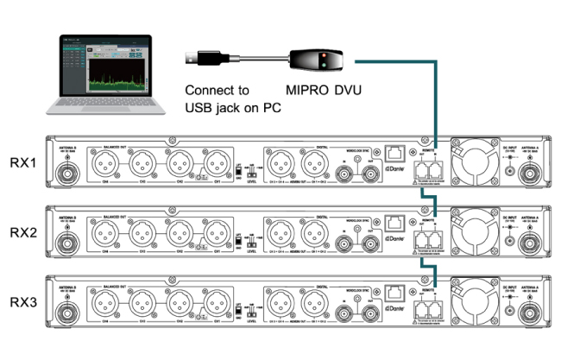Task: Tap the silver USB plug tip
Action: click(x=192, y=58)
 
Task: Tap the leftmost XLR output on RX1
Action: click(x=105, y=161)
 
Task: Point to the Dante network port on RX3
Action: click(x=397, y=292)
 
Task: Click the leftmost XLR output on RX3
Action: click(x=105, y=303)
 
